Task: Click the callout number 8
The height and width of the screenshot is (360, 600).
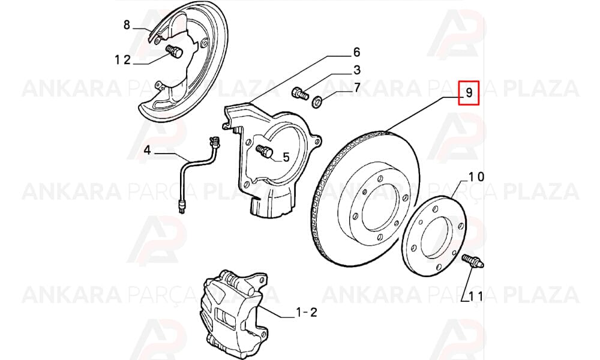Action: [x=127, y=25]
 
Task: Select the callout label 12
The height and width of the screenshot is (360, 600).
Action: [x=122, y=59]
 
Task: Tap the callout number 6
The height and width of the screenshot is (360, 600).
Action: [x=356, y=52]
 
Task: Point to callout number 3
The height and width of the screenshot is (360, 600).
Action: [x=356, y=70]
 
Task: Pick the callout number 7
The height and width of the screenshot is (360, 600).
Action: [x=356, y=88]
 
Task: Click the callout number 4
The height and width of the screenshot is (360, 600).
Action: [x=148, y=151]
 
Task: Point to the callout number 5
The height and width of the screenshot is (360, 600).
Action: [x=286, y=157]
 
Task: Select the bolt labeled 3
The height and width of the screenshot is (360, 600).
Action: [x=300, y=93]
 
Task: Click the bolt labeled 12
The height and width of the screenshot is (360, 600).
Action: [x=175, y=52]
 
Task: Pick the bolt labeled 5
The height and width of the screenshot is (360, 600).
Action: [x=264, y=151]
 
